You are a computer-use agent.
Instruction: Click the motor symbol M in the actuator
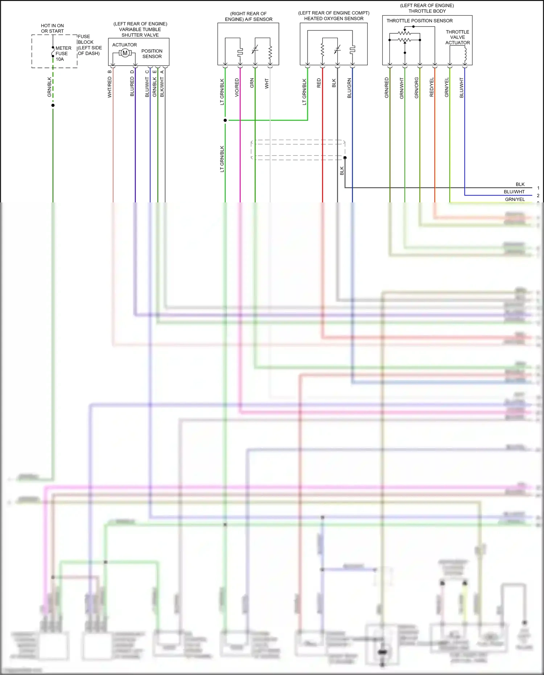(x=125, y=53)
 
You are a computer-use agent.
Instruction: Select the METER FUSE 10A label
(x=63, y=53)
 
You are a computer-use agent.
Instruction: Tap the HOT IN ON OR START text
(x=52, y=28)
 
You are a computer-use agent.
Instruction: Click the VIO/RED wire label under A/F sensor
(x=237, y=87)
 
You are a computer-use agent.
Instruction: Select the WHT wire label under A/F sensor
(x=267, y=84)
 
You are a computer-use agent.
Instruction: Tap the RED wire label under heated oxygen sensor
(x=319, y=83)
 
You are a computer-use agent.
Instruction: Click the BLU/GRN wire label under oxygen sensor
(x=349, y=88)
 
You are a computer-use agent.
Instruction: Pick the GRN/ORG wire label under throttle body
(x=416, y=88)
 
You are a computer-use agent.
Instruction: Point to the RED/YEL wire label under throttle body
(x=432, y=87)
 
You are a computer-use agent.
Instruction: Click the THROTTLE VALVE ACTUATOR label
(x=457, y=37)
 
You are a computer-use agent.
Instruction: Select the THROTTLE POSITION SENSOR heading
(x=419, y=21)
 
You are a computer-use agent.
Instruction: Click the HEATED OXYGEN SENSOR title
(x=334, y=18)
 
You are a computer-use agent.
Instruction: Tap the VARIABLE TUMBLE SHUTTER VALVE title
(x=140, y=29)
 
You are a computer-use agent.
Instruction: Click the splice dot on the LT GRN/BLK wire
(x=225, y=120)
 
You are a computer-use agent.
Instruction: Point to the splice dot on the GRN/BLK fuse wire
(x=53, y=105)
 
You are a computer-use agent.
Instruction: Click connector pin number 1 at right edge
(x=538, y=188)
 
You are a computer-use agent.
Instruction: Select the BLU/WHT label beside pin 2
(x=514, y=192)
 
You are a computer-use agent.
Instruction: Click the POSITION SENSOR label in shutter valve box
(x=152, y=54)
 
